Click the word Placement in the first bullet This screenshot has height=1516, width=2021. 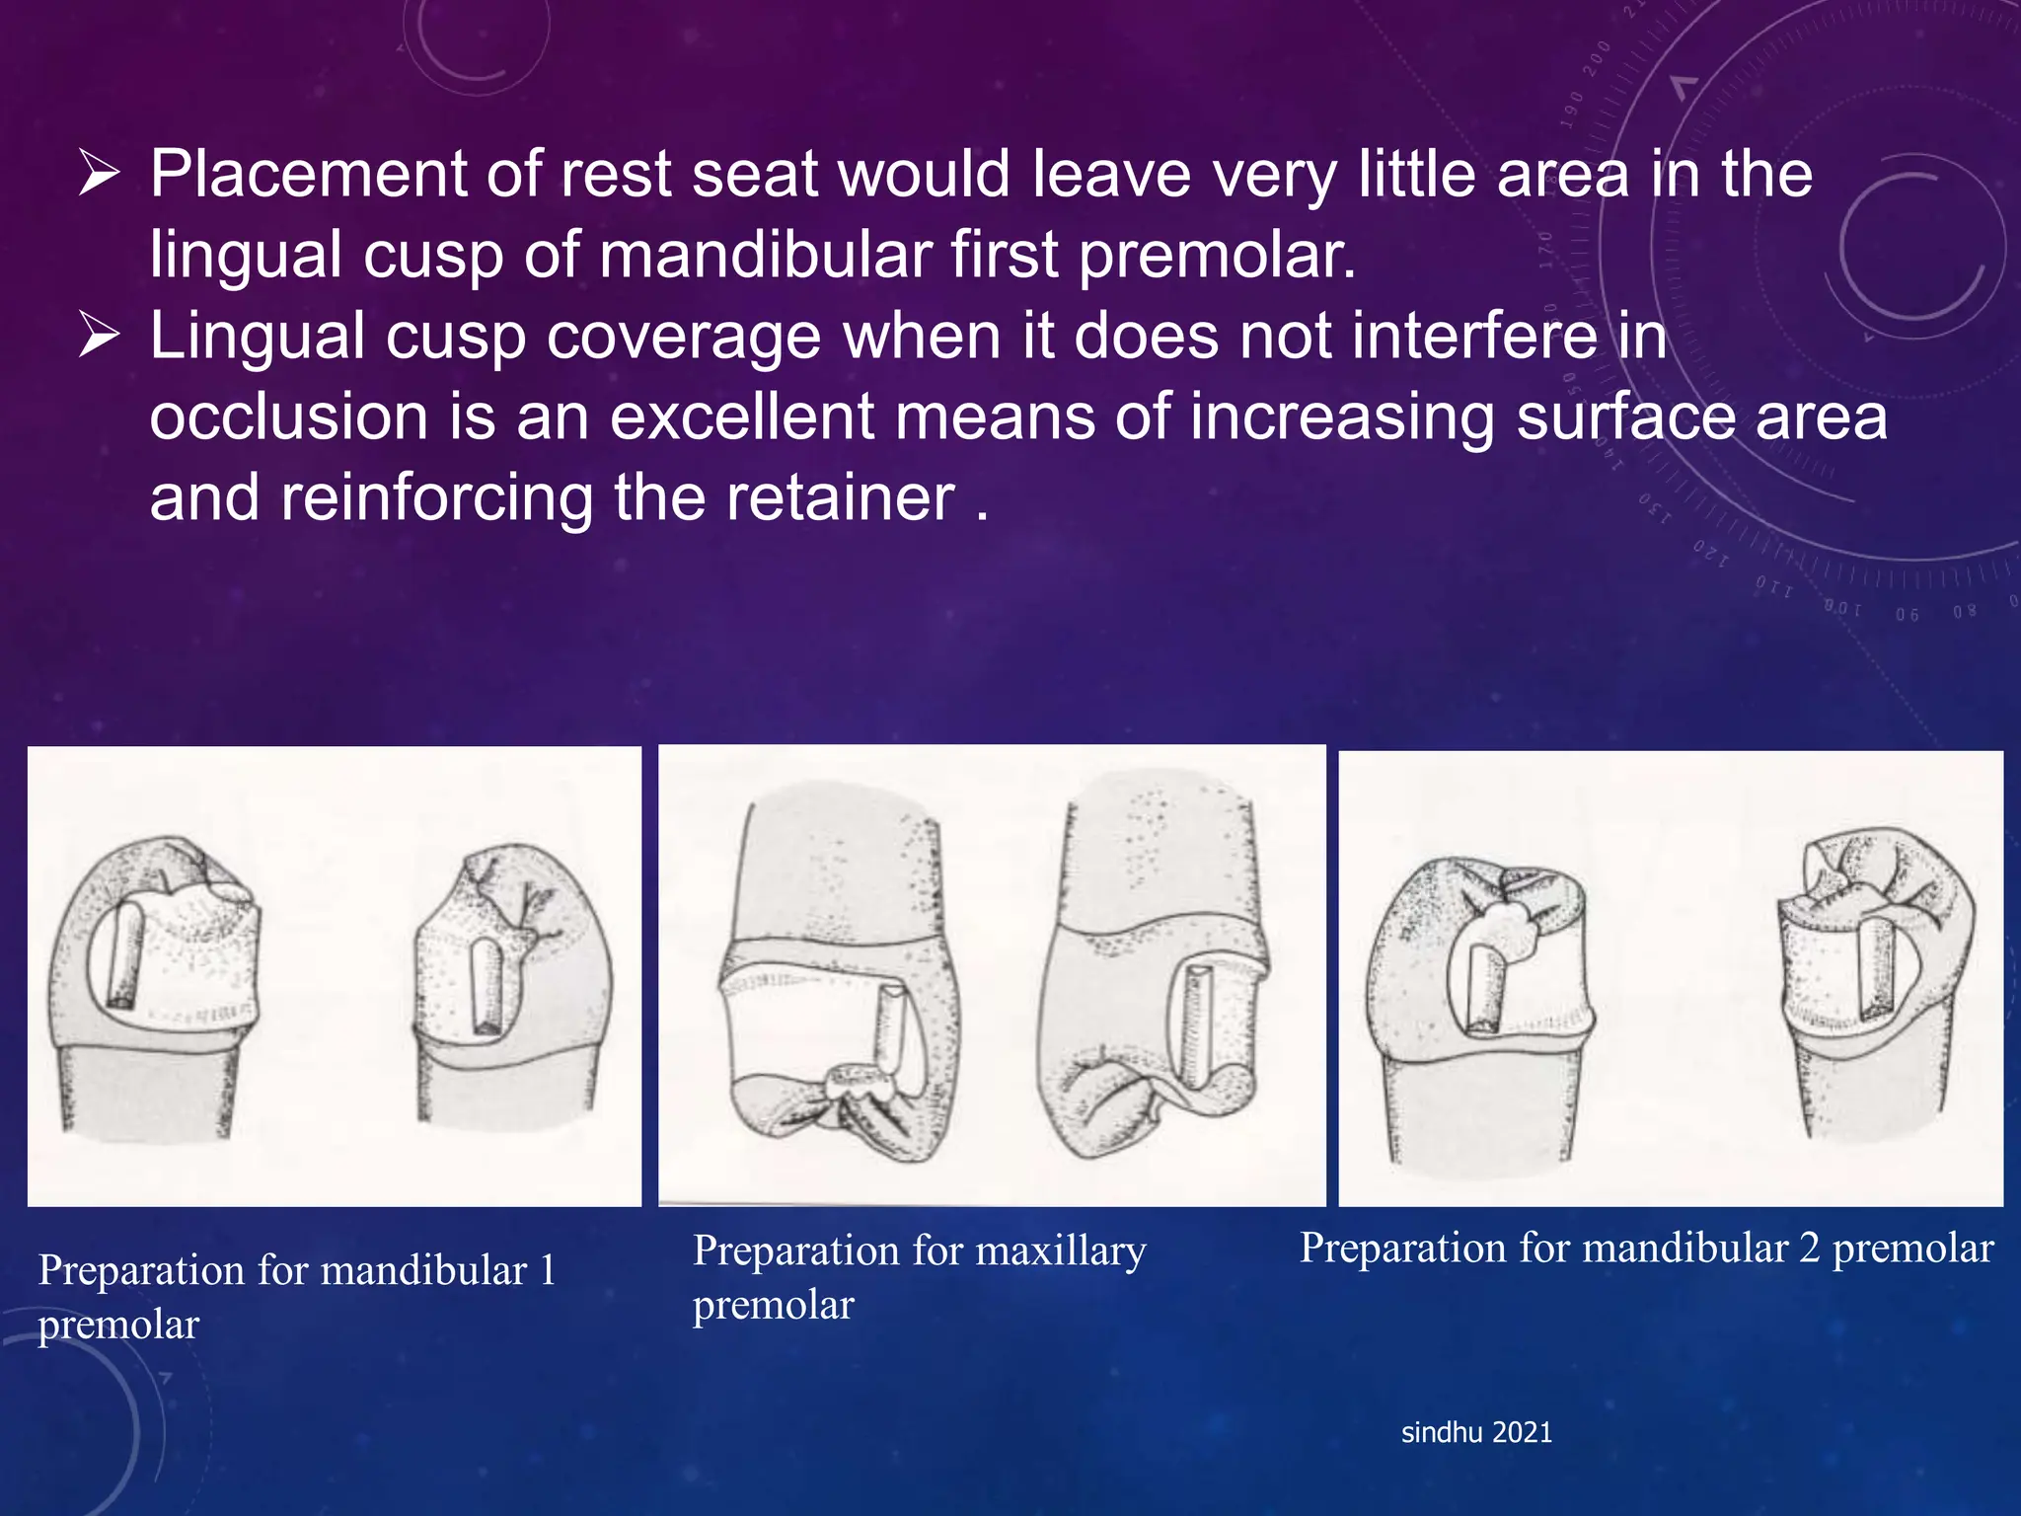point(307,175)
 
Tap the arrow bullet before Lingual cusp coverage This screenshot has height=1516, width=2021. point(99,336)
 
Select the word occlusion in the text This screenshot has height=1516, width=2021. point(288,417)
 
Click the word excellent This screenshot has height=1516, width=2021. point(741,417)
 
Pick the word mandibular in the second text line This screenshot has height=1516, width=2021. point(765,256)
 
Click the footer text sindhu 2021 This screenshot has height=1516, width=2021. point(1476,1432)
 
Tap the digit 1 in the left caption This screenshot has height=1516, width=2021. point(547,1270)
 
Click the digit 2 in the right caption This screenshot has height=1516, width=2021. point(1809,1249)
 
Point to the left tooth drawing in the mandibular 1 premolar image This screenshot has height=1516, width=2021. point(156,987)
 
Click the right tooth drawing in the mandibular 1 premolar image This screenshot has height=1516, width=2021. point(509,987)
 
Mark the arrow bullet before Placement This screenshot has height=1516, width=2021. point(99,175)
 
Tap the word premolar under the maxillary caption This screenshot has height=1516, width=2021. point(773,1306)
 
